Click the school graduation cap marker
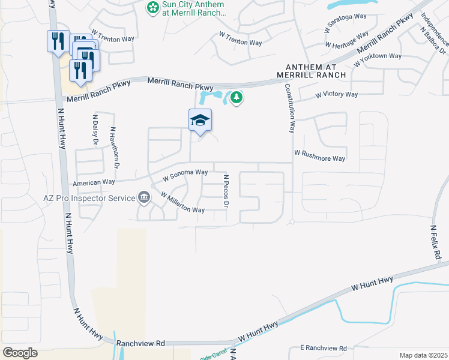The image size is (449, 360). pyautogui.click(x=200, y=120)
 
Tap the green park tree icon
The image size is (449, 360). pyautogui.click(x=237, y=97)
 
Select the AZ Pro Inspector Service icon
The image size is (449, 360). pyautogui.click(x=143, y=196)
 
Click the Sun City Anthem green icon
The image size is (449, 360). pyautogui.click(x=153, y=8)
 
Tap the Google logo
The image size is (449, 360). pyautogui.click(x=20, y=353)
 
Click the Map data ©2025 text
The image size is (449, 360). pyautogui.click(x=423, y=355)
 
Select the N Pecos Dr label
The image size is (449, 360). pyautogui.click(x=226, y=191)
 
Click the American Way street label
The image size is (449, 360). pyautogui.click(x=93, y=182)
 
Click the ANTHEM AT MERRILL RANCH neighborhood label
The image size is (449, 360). pyautogui.click(x=311, y=71)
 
